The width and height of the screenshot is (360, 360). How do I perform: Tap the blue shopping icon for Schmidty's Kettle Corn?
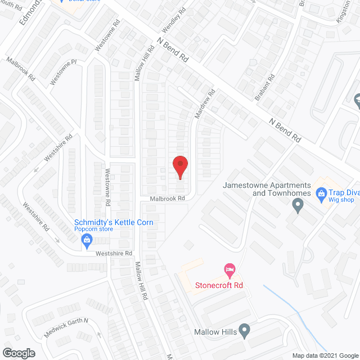87,242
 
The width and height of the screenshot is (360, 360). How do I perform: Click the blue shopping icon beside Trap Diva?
321,195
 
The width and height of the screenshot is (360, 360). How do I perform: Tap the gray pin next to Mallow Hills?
244,330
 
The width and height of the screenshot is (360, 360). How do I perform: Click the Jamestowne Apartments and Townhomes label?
267,189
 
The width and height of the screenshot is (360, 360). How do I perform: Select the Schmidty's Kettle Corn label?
114,223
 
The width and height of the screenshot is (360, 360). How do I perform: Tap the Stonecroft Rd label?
219,285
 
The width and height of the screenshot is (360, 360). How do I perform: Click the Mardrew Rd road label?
205,103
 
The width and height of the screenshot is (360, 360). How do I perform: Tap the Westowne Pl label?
63,73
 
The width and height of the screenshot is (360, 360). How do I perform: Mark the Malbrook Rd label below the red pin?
167,199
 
